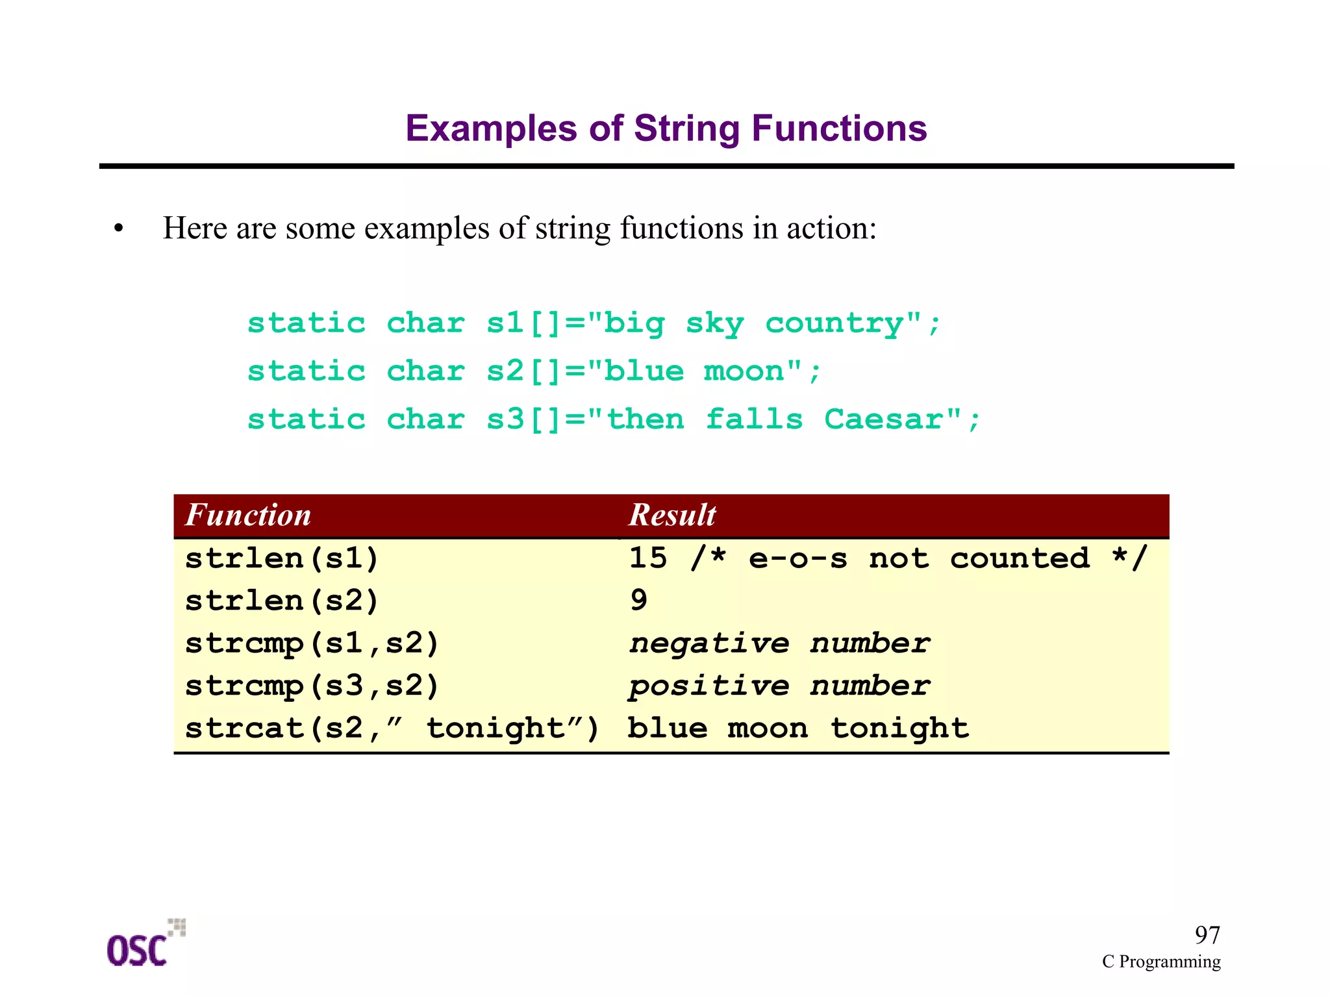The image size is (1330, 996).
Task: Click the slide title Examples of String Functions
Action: click(x=666, y=128)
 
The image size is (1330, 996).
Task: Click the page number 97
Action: click(x=1207, y=935)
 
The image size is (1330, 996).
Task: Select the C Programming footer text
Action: click(x=1161, y=962)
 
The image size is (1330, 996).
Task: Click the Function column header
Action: click(x=248, y=516)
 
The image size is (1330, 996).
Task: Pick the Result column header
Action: click(x=672, y=516)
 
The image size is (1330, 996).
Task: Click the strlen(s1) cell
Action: click(x=282, y=558)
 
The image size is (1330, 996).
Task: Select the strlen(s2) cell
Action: click(x=282, y=601)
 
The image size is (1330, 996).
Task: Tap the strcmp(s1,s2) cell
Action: click(x=312, y=643)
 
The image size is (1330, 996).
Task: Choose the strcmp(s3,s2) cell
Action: click(x=312, y=686)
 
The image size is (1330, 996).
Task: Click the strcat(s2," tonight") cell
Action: click(x=392, y=728)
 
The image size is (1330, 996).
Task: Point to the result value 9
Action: click(x=638, y=600)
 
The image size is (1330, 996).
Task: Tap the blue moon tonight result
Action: click(x=798, y=728)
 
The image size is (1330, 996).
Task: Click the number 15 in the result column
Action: click(x=648, y=558)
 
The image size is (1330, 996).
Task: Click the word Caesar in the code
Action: click(x=883, y=419)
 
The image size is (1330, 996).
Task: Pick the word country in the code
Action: click(x=834, y=323)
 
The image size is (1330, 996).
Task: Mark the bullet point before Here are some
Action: click(x=118, y=229)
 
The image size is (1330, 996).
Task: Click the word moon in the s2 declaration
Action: click(x=744, y=371)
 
